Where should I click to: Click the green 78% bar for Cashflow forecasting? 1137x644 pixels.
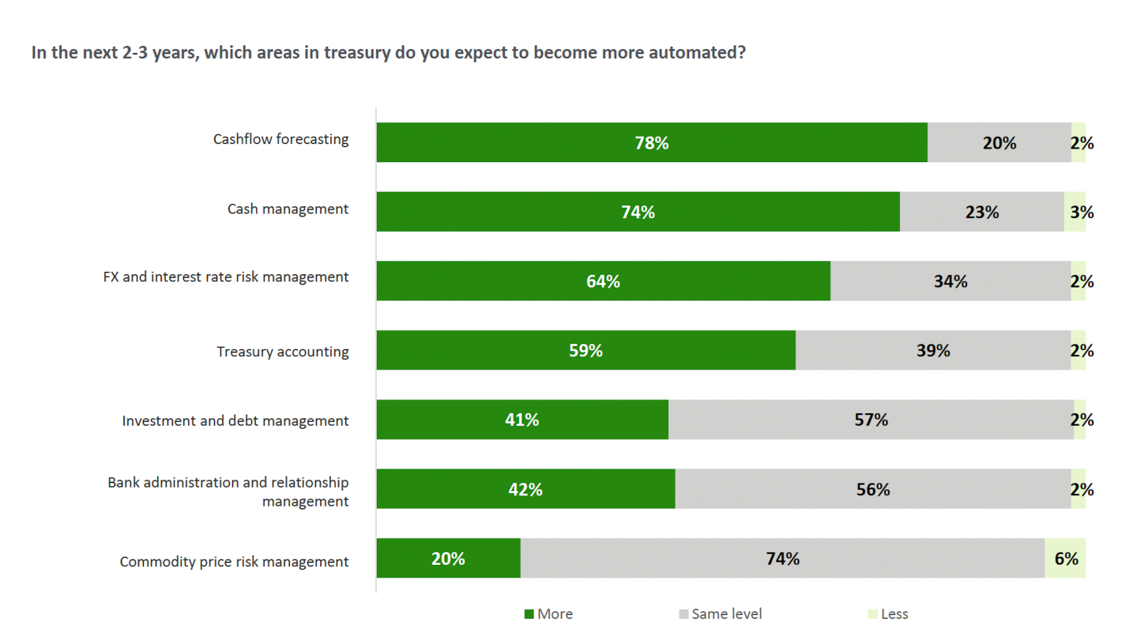(x=651, y=143)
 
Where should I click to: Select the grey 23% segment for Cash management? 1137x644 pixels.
(x=981, y=212)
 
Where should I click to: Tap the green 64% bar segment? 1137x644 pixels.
(x=603, y=281)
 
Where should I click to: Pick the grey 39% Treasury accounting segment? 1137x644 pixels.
(x=932, y=351)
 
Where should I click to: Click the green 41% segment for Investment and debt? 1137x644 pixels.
(x=521, y=420)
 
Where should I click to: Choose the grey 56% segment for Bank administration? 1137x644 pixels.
(x=872, y=489)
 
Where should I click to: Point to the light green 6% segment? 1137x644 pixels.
(x=1065, y=559)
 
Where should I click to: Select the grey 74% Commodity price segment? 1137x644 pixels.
(x=782, y=559)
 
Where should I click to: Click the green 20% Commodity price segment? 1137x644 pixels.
(x=448, y=559)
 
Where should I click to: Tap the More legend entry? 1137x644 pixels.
(x=549, y=614)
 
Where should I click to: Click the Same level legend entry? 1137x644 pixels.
(x=720, y=614)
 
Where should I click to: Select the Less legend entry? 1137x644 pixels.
(x=889, y=614)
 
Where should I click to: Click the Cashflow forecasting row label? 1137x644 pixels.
(x=280, y=140)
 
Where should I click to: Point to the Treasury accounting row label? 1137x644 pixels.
(x=283, y=352)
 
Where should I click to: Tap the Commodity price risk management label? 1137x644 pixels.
(x=234, y=563)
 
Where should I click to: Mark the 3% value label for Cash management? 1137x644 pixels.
(x=1082, y=212)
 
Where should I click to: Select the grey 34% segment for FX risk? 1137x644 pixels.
(x=950, y=281)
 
